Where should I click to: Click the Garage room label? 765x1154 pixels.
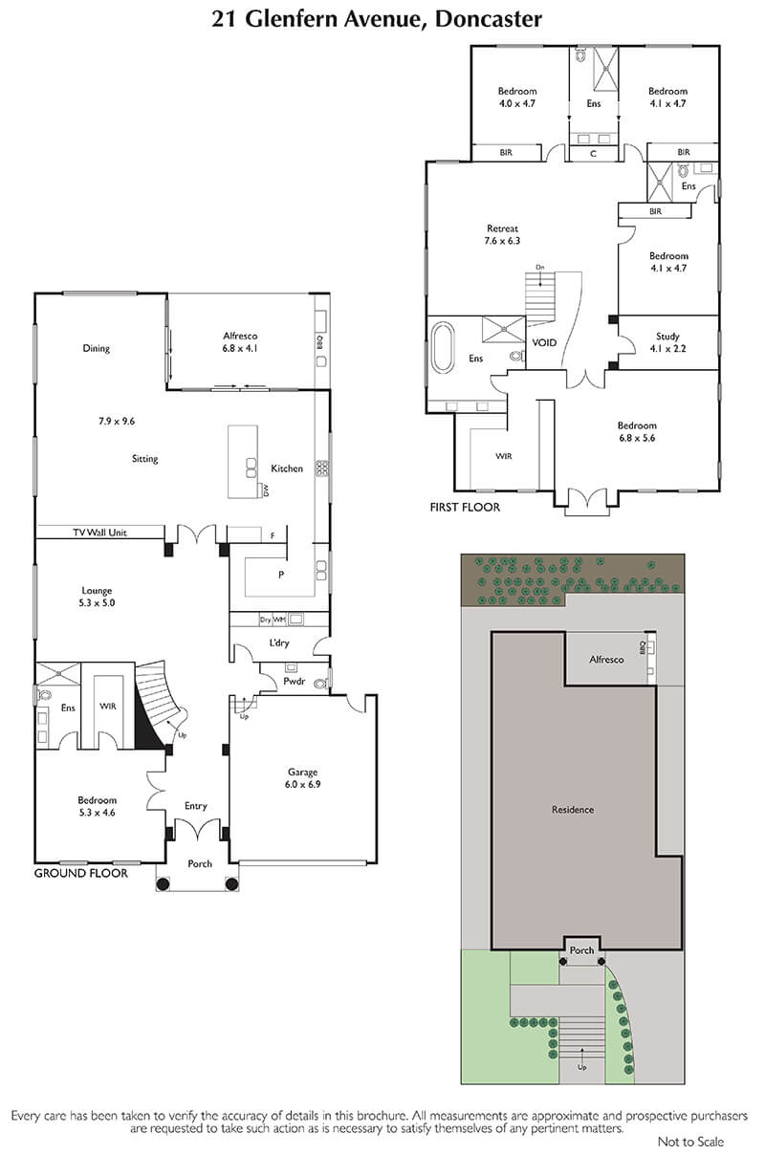[x=302, y=772]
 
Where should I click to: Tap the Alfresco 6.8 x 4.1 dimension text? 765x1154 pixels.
[x=240, y=348]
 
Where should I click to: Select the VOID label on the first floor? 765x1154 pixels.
[x=544, y=342]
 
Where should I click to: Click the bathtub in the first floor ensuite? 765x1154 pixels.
[x=442, y=347]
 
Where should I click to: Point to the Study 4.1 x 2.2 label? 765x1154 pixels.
[x=667, y=342]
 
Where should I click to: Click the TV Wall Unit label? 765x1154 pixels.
[x=100, y=533]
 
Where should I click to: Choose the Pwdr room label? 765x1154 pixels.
[x=295, y=681]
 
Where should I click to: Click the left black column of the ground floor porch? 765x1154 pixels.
[x=163, y=884]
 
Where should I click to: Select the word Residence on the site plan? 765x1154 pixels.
[x=573, y=810]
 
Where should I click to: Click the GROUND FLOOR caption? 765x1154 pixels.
[x=81, y=873]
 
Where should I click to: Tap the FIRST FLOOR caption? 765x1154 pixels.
[x=465, y=508]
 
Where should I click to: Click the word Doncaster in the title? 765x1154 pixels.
[x=489, y=19]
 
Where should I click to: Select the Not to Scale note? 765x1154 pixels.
[x=690, y=1142]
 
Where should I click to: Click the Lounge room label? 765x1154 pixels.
[x=97, y=591]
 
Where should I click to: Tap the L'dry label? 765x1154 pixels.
[x=278, y=642]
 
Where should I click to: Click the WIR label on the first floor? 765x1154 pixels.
[x=503, y=456]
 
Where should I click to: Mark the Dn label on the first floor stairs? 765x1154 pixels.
[x=540, y=267]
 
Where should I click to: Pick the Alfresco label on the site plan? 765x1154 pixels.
[x=606, y=660]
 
